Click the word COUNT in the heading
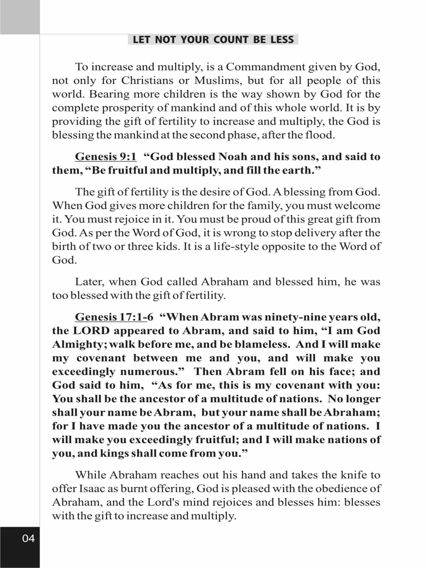[231, 40]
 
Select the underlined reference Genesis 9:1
[105, 157]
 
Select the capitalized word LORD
[91, 331]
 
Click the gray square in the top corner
[20, 17]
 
